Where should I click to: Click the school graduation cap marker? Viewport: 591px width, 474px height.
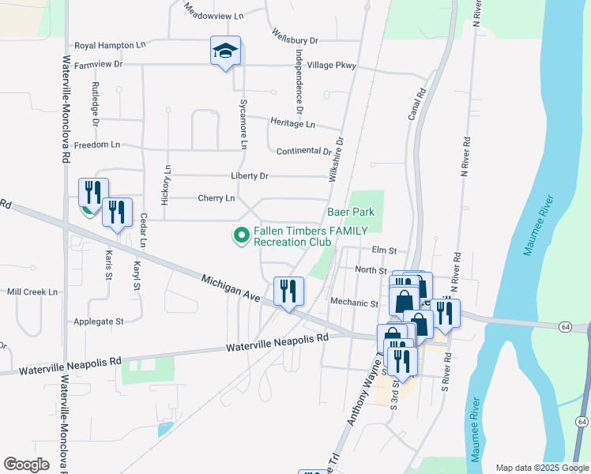[225, 51]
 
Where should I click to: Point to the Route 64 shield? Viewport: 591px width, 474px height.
[565, 326]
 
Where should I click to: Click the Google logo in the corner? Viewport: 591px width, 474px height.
[26, 465]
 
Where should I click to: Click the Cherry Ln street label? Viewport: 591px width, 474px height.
[216, 197]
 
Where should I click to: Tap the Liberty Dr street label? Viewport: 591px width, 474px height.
[250, 175]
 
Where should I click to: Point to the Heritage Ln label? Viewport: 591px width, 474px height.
[292, 124]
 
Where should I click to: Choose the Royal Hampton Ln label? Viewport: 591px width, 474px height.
[111, 46]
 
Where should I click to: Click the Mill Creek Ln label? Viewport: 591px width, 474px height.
[32, 292]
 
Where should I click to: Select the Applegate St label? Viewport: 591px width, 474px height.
[99, 322]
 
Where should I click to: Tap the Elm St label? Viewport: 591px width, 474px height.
[383, 250]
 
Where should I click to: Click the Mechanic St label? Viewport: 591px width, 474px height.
[355, 303]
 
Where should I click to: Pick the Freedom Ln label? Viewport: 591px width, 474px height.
[96, 145]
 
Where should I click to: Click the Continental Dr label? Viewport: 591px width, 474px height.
[303, 151]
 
